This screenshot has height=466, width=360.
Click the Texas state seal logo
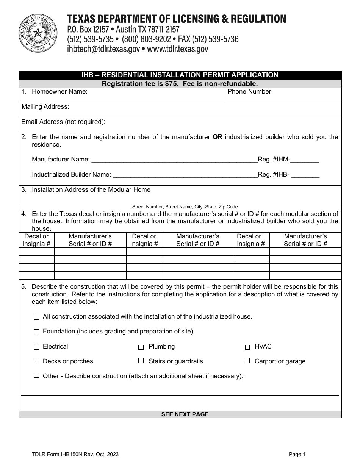tap(37, 33)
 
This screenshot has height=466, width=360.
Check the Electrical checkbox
tap(37, 347)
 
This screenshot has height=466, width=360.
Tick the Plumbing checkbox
tap(141, 347)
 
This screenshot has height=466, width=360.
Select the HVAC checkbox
tap(247, 347)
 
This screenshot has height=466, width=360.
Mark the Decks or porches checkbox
tap(37, 361)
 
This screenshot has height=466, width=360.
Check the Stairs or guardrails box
tap(141, 361)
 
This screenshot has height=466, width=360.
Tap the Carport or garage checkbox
tap(247, 361)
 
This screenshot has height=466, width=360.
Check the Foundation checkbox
tap(37, 332)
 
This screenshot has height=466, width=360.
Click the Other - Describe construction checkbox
tap(37, 376)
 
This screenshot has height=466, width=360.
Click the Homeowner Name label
tap(59, 92)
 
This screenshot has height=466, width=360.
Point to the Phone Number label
tap(250, 92)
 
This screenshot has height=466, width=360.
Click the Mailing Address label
tap(45, 107)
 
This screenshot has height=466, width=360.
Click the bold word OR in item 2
tap(218, 137)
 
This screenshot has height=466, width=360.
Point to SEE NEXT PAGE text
tap(185, 414)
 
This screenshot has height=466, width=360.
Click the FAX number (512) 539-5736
tap(215, 39)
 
